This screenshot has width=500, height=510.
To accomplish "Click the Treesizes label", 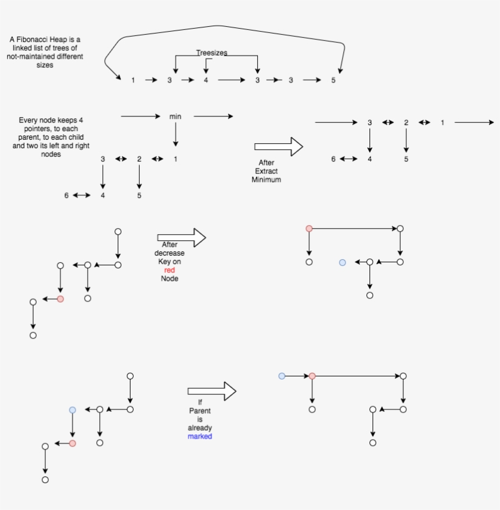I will [x=212, y=53].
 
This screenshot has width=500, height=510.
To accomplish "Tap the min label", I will [x=176, y=116].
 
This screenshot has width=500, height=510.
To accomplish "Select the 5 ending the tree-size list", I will [x=333, y=80].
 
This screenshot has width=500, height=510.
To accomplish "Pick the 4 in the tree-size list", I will [x=206, y=80].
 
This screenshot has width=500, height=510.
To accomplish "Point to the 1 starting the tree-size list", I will [x=133, y=80].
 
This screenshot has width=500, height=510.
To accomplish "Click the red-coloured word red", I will [x=170, y=270].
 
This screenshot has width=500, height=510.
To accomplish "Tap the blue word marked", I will [x=200, y=437].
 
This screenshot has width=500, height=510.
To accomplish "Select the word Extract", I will [x=266, y=171].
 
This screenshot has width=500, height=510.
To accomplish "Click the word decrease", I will [x=170, y=253].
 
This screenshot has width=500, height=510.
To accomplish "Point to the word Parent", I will [x=200, y=411].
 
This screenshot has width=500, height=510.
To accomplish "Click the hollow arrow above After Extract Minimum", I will [x=279, y=146].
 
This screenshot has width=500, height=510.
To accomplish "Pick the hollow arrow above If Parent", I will [x=212, y=391].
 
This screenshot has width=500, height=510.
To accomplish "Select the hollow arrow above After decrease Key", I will [x=181, y=237].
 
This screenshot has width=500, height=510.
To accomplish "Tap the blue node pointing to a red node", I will [x=282, y=376].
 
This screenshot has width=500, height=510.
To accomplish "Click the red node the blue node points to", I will [x=312, y=376].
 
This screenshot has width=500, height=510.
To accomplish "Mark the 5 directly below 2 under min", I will [x=139, y=196].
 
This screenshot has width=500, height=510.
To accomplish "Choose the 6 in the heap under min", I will [x=66, y=196].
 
